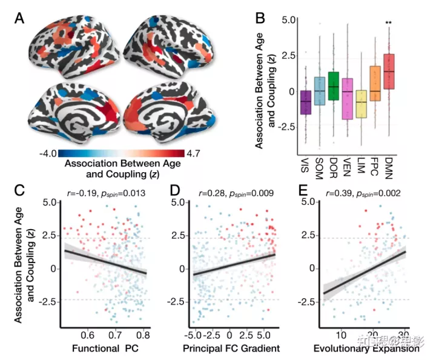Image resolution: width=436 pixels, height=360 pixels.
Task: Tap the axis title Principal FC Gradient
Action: (x=232, y=348)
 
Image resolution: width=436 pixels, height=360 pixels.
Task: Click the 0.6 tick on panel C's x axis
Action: (x=88, y=335)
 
